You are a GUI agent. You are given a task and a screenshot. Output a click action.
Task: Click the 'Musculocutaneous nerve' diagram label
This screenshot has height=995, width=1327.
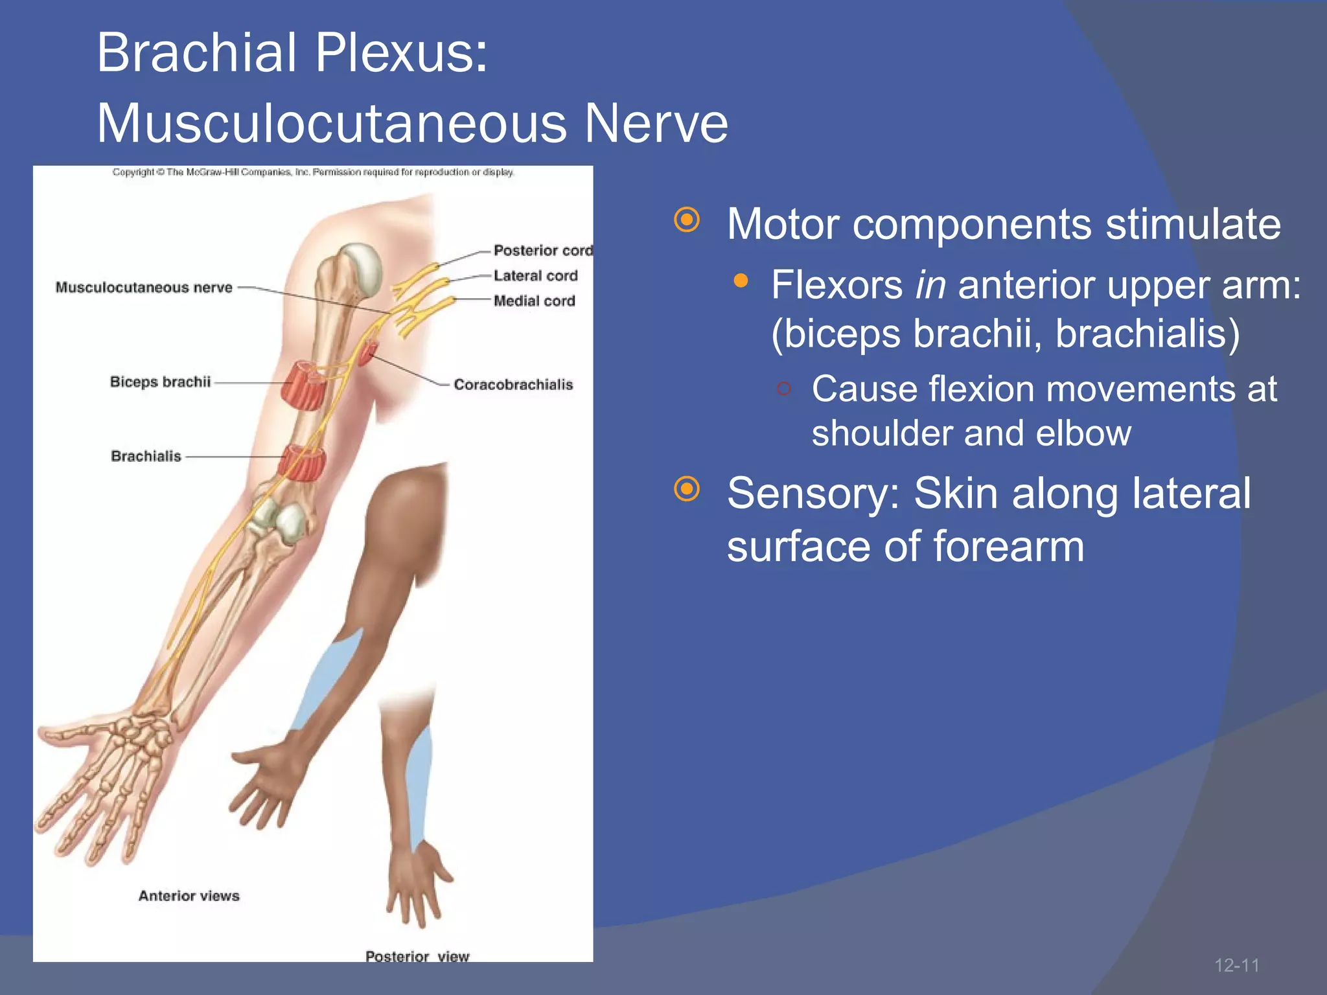click(x=144, y=288)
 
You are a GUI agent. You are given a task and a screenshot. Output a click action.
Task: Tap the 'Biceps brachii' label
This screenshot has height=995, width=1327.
click(x=160, y=382)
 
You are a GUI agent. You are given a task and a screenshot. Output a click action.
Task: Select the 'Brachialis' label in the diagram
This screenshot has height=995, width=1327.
click(x=146, y=456)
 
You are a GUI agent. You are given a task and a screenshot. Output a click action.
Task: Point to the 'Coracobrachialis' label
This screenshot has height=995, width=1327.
click(x=513, y=385)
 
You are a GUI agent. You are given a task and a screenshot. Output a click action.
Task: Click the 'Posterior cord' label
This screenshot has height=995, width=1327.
click(x=542, y=251)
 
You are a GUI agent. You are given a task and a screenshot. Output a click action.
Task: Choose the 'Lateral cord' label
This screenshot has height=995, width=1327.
click(x=535, y=276)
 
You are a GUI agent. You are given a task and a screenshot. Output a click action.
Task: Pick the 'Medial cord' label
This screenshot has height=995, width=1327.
click(x=534, y=301)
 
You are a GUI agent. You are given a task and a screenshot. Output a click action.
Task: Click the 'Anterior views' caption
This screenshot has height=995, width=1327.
click(x=189, y=896)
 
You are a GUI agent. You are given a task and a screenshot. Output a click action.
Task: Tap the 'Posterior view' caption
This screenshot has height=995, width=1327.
click(x=417, y=956)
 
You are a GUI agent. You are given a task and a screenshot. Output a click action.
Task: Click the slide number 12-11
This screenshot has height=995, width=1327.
click(x=1236, y=965)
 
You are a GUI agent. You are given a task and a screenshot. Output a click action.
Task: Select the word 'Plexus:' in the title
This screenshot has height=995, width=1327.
click(x=401, y=53)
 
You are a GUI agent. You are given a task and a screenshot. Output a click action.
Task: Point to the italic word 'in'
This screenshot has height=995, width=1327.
click(x=930, y=285)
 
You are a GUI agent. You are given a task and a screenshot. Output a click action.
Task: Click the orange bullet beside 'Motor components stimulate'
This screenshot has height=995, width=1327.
click(x=687, y=220)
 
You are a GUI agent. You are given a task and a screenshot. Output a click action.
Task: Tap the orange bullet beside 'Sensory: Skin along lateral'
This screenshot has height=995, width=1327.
click(x=687, y=489)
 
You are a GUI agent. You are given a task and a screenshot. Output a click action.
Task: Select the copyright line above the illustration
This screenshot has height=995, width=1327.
click(x=313, y=172)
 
